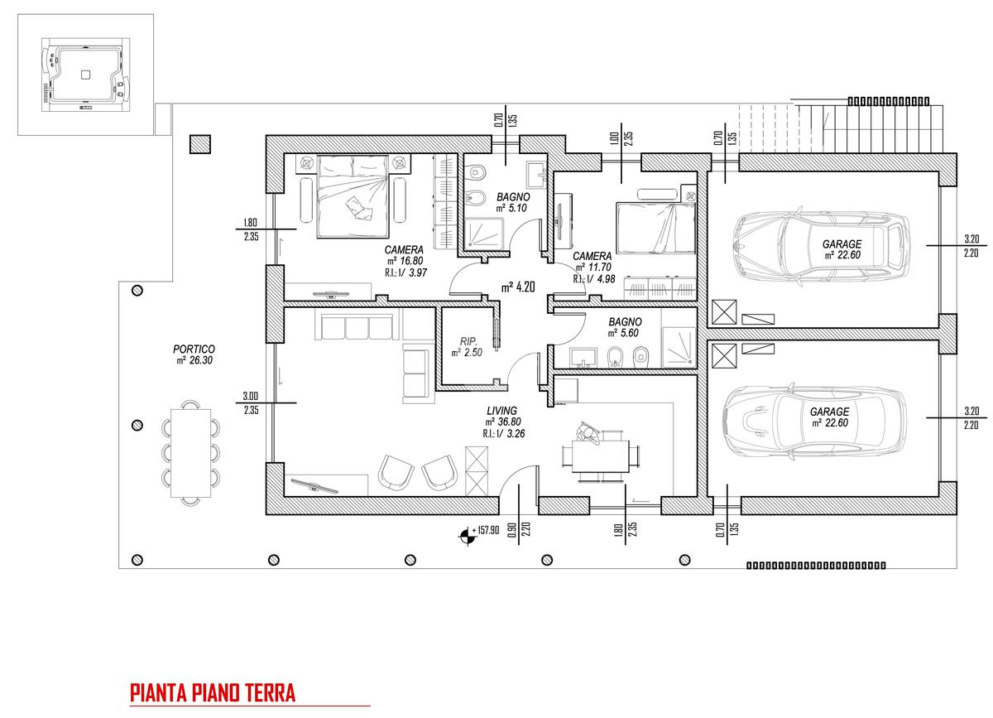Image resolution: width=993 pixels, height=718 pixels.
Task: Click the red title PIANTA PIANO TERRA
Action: (x=213, y=692)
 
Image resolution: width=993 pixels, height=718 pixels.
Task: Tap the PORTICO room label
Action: (x=194, y=349)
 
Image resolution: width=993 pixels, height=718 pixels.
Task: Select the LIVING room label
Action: (x=501, y=411)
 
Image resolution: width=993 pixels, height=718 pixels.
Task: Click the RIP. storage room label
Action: (x=468, y=341)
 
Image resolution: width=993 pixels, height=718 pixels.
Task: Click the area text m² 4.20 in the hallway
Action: (x=518, y=287)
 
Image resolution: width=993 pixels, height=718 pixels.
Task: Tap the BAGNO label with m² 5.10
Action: (x=513, y=196)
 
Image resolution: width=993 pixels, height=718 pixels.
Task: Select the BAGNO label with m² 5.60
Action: (x=625, y=321)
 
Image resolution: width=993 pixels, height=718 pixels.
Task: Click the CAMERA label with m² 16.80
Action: (x=404, y=250)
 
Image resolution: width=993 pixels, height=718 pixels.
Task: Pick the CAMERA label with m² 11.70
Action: (x=592, y=256)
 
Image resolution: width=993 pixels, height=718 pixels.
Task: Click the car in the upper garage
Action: (x=821, y=247)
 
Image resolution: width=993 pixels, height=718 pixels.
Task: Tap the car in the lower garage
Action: (x=815, y=420)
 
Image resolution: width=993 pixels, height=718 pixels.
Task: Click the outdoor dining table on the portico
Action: (x=190, y=453)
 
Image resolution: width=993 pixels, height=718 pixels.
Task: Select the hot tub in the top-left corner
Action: (x=85, y=75)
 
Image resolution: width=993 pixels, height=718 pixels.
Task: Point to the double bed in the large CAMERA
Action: (x=353, y=196)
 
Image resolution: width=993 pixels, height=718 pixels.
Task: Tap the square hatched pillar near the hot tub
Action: (x=200, y=144)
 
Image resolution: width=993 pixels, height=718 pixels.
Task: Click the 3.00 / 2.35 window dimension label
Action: (x=251, y=402)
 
